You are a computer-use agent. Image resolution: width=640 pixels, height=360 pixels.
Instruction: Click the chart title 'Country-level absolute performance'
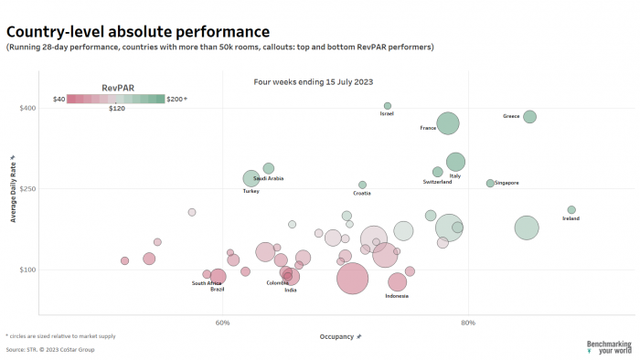(x=138, y=32)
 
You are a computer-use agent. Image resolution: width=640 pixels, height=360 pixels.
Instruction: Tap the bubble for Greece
(x=529, y=117)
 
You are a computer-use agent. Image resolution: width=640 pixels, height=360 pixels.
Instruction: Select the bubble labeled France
(x=448, y=123)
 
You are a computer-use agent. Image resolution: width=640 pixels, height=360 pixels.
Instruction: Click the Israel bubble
(x=388, y=106)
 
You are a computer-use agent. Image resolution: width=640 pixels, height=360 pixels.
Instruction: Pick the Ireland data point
(x=571, y=210)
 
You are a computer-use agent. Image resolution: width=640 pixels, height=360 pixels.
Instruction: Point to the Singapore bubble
(x=490, y=184)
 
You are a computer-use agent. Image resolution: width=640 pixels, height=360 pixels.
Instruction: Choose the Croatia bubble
(x=362, y=185)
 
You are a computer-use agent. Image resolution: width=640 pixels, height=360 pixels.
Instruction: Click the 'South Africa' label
(x=207, y=283)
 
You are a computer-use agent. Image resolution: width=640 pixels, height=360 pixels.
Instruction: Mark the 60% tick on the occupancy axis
(x=222, y=323)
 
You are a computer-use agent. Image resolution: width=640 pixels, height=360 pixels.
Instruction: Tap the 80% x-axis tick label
(x=468, y=323)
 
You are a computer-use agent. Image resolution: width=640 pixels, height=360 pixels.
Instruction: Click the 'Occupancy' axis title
(x=337, y=337)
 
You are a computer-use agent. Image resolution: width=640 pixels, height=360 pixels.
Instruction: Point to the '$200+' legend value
(x=176, y=98)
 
